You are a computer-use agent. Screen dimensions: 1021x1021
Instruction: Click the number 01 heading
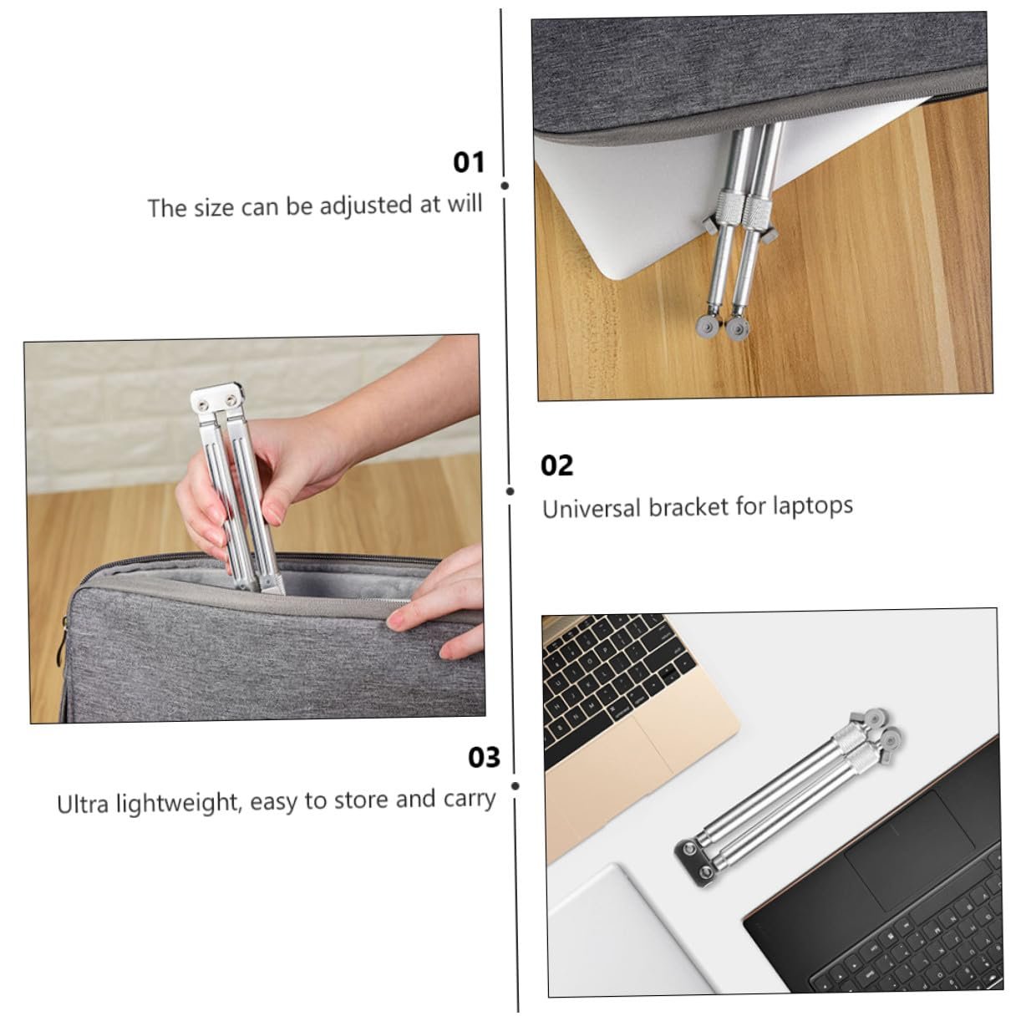[469, 162]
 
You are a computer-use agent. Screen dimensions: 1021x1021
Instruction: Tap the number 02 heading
[556, 465]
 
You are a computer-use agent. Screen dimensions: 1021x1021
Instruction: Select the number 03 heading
[484, 758]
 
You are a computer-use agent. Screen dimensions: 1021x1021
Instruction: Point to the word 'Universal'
[592, 508]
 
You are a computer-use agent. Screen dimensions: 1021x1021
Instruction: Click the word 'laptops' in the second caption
[812, 506]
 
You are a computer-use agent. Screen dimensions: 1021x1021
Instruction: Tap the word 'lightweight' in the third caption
[179, 803]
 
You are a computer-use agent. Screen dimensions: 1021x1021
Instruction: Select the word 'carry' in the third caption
[470, 799]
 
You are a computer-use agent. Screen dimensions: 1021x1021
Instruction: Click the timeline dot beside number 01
[505, 186]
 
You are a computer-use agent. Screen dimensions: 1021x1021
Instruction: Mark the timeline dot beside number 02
[510, 491]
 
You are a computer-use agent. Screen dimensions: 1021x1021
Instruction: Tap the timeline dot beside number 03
[516, 785]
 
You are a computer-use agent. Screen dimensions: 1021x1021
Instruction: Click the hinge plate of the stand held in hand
[217, 399]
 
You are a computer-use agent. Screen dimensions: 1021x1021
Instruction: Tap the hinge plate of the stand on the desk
[698, 864]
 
